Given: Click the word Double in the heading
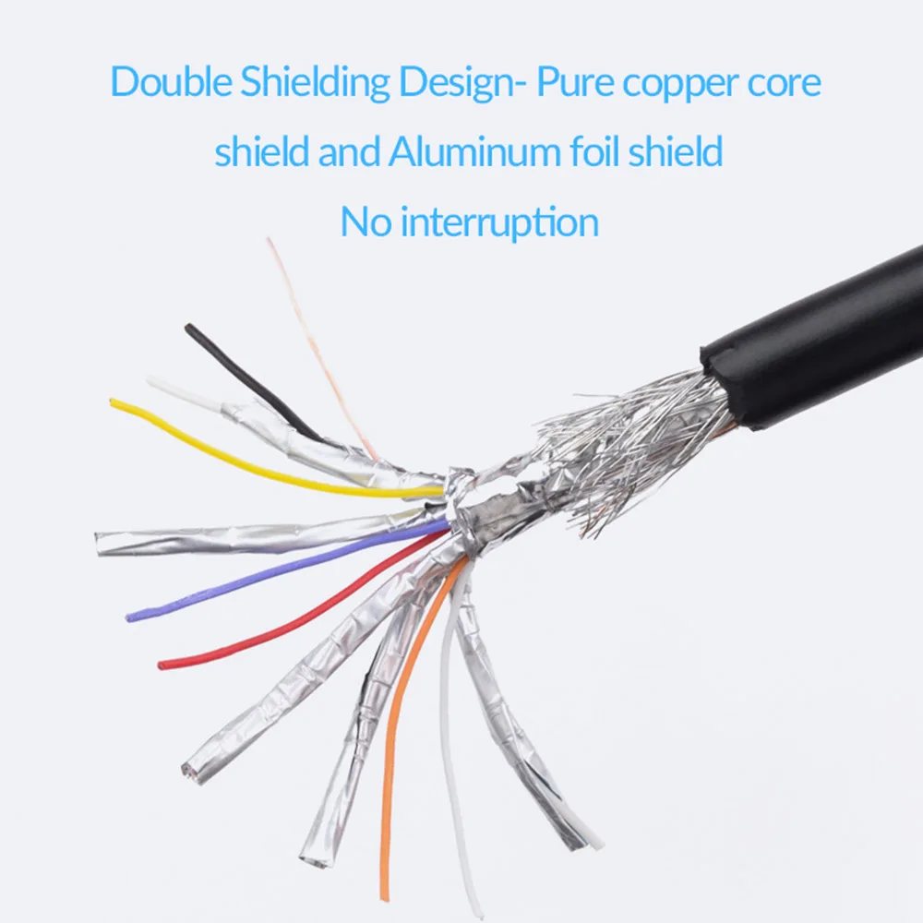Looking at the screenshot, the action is pyautogui.click(x=172, y=83).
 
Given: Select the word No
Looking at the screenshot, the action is pyautogui.click(x=361, y=222).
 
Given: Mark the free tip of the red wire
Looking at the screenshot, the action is pyautogui.click(x=162, y=664).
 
